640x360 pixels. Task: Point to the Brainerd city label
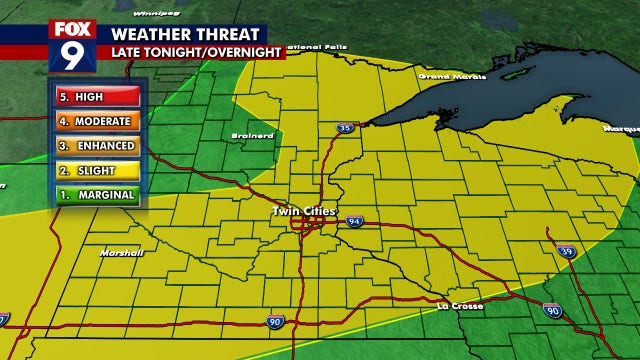[258, 135]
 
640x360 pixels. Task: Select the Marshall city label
[122, 253]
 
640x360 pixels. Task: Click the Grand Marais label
[443, 76]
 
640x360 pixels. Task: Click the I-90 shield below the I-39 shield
[552, 312]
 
